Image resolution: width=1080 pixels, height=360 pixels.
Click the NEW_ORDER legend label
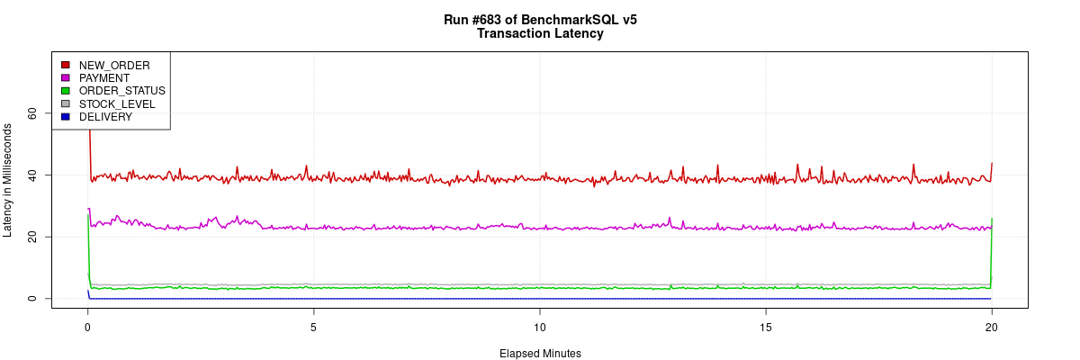114,65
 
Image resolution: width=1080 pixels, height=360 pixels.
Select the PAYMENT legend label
104,78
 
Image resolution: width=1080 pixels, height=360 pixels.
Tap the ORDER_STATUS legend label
121,91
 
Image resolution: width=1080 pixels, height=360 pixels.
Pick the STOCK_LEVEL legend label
117,104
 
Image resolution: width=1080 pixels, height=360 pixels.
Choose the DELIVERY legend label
105,117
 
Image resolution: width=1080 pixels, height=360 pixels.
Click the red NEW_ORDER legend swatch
65,65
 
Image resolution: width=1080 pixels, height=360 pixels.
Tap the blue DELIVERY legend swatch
65,117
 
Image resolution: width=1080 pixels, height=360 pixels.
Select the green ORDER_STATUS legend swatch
65,91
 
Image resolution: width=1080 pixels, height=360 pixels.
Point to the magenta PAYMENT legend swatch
65,78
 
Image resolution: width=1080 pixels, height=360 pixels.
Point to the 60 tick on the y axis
32,112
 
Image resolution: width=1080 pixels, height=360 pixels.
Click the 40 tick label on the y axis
32,175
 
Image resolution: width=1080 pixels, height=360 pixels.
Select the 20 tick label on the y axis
32,237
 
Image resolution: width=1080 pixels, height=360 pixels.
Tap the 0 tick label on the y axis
32,299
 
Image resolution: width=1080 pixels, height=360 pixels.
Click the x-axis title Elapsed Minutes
540,354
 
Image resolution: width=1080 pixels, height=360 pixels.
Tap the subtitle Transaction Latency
540,34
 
